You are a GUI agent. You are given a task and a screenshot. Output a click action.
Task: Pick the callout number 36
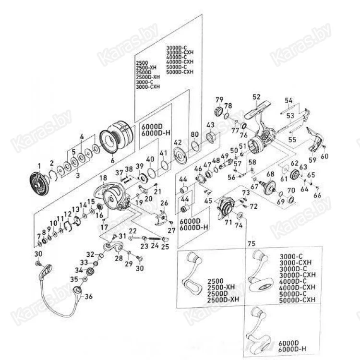88,297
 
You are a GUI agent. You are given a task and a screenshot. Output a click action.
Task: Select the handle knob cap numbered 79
218,112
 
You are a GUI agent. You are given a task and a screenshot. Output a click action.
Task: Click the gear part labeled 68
270,185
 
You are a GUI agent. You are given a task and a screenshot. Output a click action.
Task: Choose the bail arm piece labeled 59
314,140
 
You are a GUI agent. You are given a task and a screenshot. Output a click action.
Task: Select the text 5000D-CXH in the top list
180,72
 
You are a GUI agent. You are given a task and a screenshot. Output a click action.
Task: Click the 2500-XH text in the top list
147,68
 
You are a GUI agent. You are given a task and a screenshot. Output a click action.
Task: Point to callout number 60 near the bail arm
325,156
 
